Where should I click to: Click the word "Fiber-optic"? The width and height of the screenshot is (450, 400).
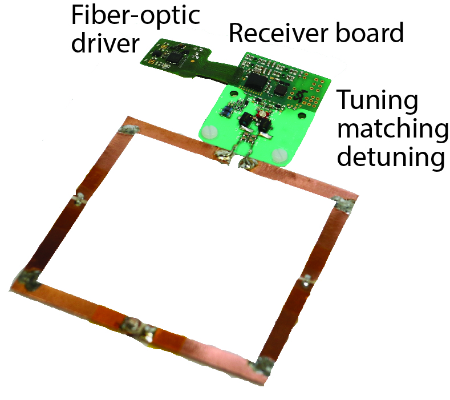(135, 16)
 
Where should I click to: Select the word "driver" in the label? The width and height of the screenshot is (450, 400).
(106, 42)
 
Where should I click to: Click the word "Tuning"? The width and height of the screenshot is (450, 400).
(376, 102)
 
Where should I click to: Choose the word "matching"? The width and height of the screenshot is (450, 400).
(392, 131)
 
